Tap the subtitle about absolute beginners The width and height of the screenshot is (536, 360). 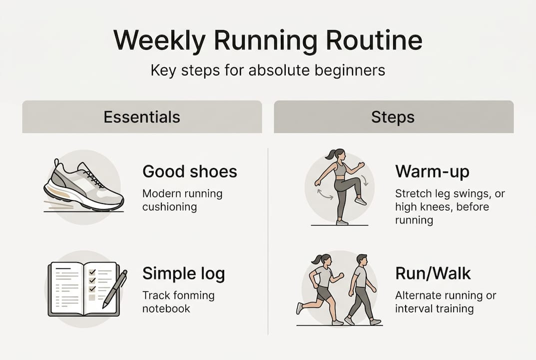268,70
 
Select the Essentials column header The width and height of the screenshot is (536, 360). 142,117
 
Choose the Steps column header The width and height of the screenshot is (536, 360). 393,117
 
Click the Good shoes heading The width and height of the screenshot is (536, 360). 190,171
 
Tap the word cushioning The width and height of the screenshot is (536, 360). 169,206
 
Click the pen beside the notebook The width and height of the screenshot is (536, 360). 115,289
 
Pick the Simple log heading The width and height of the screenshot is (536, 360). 183,273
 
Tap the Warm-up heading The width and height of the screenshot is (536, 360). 432,171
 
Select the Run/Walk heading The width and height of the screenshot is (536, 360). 433,273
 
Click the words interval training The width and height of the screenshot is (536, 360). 434,308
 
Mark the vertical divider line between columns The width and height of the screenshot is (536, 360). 268,240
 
